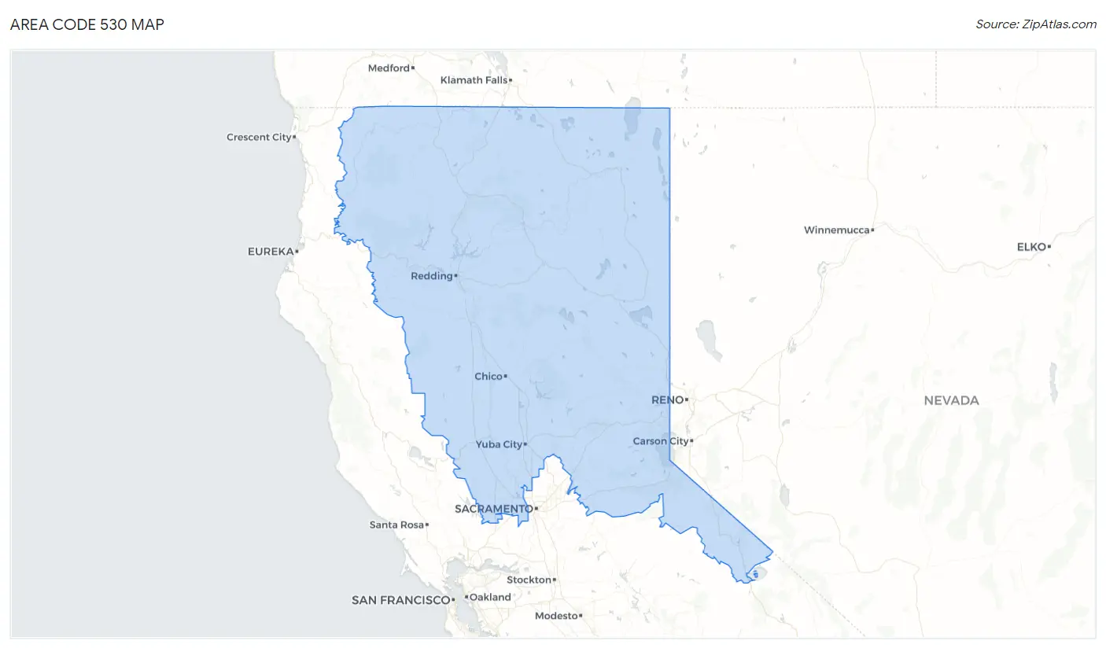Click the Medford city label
[389, 68]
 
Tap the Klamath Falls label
[474, 80]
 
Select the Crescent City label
[259, 138]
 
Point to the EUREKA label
[271, 252]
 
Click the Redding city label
[432, 277]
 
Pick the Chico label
[488, 377]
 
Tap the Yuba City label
[499, 445]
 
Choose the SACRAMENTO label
[493, 510]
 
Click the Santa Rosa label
[396, 525]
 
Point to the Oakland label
[491, 598]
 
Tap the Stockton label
[529, 580]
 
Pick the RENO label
[668, 400]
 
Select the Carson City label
[661, 442]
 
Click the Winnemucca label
[837, 230]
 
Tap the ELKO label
[1031, 247]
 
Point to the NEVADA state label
[951, 401]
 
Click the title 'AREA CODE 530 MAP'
[87, 24]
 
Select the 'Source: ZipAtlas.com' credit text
[1036, 24]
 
